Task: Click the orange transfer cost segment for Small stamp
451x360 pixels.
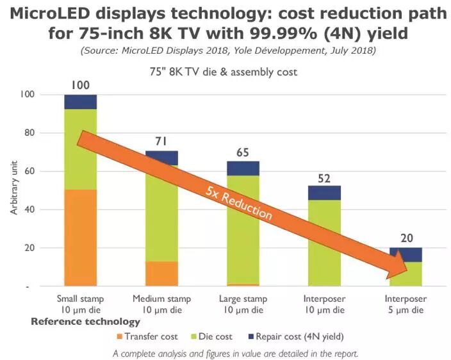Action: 80,237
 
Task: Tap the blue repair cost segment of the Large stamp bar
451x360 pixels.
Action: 243,168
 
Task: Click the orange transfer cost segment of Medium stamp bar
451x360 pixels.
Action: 161,274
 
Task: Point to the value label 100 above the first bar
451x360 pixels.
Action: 81,85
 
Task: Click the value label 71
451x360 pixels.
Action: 162,141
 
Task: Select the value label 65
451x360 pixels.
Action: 243,152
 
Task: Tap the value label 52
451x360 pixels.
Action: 325,177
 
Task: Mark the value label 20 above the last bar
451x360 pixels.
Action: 406,238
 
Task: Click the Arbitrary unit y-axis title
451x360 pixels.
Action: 14,191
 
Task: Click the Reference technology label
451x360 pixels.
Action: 85,322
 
